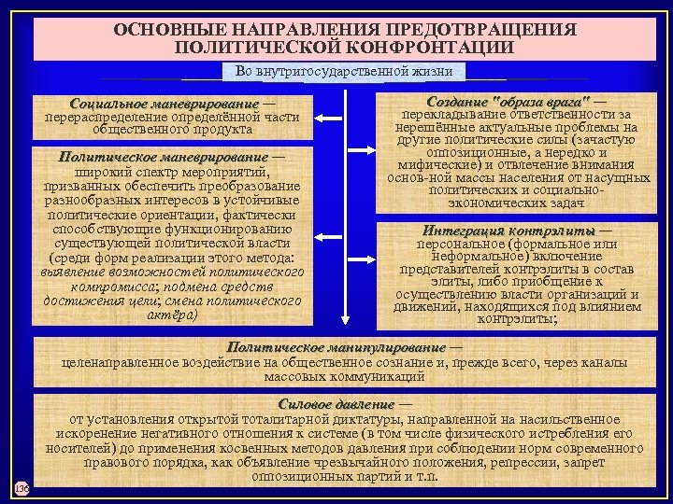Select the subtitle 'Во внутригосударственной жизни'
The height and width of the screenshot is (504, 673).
344,71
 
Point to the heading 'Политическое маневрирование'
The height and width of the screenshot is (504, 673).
163,157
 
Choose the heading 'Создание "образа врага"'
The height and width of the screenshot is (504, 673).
508,100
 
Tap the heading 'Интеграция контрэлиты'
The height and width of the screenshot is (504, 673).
508,231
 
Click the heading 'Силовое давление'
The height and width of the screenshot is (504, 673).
336,405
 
